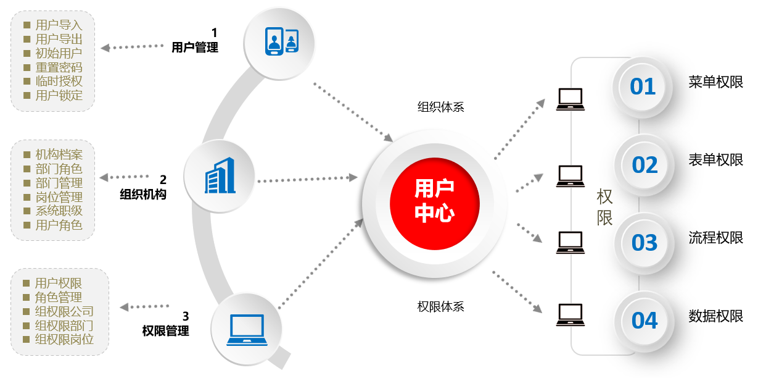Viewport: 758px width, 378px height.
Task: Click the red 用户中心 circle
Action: tap(434, 203)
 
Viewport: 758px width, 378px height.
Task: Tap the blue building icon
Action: tap(220, 175)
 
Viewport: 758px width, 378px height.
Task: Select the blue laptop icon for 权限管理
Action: tap(247, 330)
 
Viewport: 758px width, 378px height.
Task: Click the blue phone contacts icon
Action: tap(281, 41)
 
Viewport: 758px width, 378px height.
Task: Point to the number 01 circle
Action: tap(642, 87)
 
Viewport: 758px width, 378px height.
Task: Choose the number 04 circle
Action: tap(645, 321)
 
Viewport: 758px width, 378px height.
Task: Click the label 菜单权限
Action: tap(715, 82)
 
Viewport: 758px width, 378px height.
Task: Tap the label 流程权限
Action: tap(715, 238)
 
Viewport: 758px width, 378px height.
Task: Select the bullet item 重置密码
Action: tap(59, 67)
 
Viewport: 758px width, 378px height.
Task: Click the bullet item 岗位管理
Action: tap(59, 197)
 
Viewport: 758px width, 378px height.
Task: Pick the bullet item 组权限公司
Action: tap(64, 311)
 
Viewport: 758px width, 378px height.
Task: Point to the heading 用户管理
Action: tap(195, 48)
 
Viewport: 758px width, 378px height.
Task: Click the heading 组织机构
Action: tap(143, 195)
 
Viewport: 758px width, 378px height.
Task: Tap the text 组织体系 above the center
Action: tap(440, 107)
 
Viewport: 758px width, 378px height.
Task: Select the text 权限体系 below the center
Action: tap(440, 306)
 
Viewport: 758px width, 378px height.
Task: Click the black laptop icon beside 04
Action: tap(570, 315)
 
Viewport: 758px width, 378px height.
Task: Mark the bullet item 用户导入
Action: tap(59, 25)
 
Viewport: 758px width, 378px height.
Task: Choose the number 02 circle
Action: tap(645, 165)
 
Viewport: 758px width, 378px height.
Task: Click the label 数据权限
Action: tap(715, 316)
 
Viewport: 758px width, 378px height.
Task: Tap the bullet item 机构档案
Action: tap(59, 154)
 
